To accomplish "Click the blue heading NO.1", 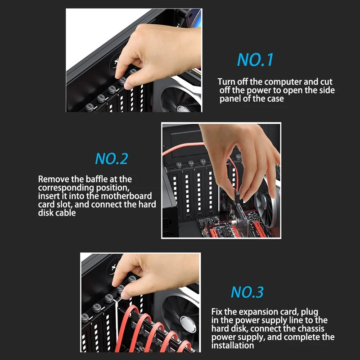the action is coord(255,60).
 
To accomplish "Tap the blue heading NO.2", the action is coord(112,159).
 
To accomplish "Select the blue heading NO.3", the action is coord(247,292).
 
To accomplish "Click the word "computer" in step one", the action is coord(283,82).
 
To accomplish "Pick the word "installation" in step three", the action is coord(233,346).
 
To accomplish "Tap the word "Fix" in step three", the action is coord(217,312).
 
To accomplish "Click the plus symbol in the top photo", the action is coord(116,61).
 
